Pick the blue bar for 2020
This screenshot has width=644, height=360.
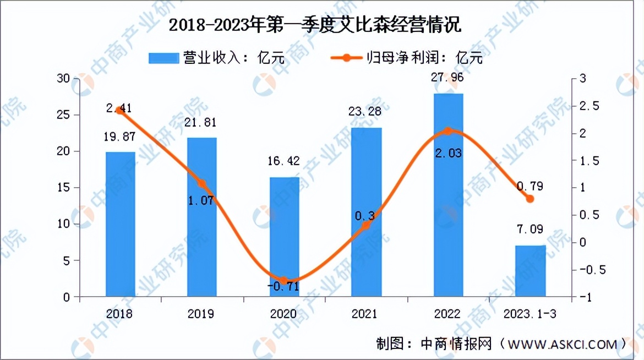(284, 237)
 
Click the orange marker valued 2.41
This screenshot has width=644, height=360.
(121, 110)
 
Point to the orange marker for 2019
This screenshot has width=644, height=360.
(202, 184)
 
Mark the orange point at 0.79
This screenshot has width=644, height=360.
(530, 199)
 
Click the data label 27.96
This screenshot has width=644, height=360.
(448, 78)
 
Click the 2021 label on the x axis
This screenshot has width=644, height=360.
(365, 314)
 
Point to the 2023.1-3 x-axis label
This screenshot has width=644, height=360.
(530, 314)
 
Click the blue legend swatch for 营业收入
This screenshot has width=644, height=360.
(163, 58)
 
